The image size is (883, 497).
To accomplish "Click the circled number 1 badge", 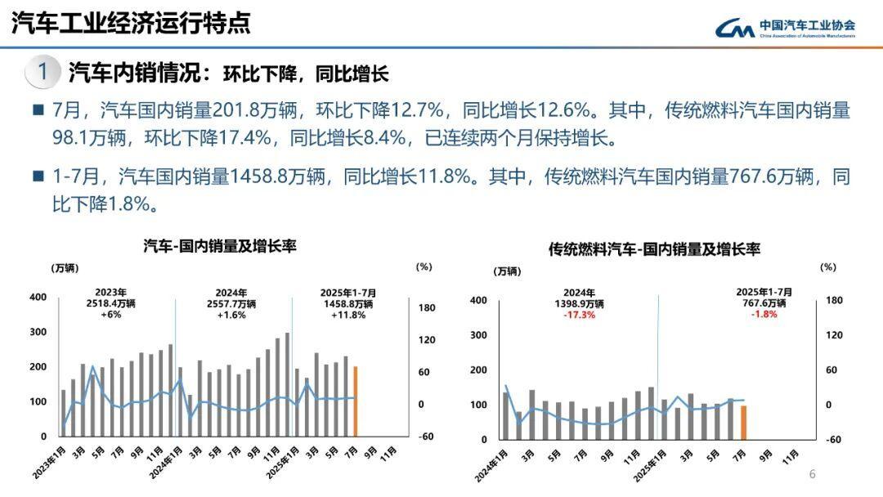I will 42,72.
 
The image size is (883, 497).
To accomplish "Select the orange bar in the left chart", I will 356,401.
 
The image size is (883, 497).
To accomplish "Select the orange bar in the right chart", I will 744,423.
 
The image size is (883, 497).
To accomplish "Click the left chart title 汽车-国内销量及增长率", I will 220,245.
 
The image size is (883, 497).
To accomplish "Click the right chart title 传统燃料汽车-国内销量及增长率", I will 654,249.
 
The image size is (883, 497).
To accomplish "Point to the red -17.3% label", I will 579,315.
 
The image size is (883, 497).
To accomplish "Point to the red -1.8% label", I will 764,315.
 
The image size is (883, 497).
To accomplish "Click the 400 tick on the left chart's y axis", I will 38,297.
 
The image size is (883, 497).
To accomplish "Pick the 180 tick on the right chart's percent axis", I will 833,300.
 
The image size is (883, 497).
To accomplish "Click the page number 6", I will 812,474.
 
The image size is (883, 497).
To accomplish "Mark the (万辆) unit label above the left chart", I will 65,267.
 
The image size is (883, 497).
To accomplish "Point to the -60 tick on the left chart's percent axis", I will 425,437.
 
